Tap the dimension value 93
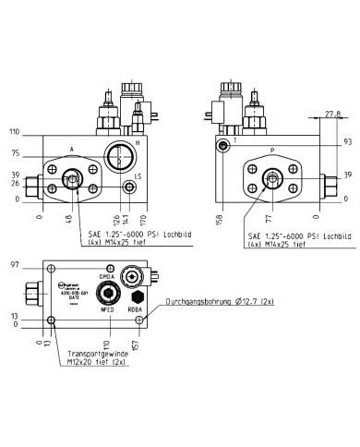point(346,142)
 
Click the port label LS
point(138,175)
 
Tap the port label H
point(138,144)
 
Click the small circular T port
point(222,147)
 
